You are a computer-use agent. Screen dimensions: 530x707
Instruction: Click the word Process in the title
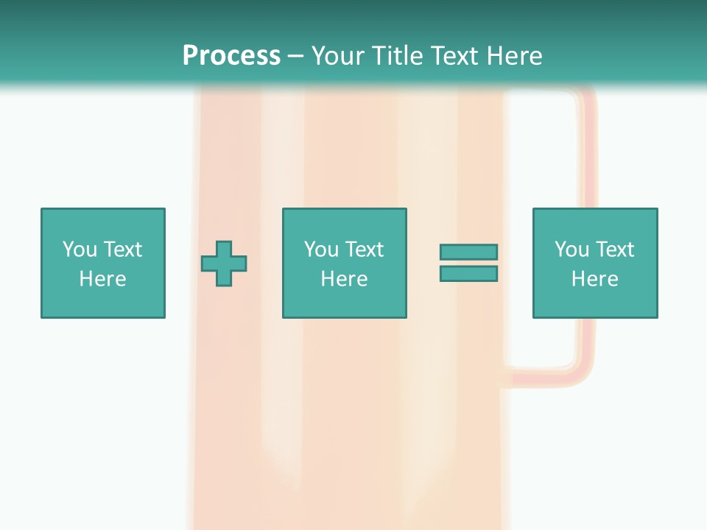click(231, 55)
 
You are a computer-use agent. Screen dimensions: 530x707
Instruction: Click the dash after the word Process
click(296, 56)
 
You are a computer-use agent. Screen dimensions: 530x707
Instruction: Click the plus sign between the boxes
click(224, 263)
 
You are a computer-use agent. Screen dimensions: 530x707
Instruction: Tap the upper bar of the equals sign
click(468, 252)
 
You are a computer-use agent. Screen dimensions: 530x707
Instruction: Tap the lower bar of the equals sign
click(468, 274)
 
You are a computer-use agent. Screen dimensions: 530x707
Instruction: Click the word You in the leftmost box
click(80, 250)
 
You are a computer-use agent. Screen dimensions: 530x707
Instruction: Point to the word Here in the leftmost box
click(103, 279)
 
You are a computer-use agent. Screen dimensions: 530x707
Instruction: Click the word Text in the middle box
click(364, 250)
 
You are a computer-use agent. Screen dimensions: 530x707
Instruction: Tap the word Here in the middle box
click(344, 279)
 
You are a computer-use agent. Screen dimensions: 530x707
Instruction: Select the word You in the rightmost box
click(571, 250)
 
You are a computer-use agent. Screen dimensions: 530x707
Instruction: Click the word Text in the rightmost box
click(614, 250)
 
